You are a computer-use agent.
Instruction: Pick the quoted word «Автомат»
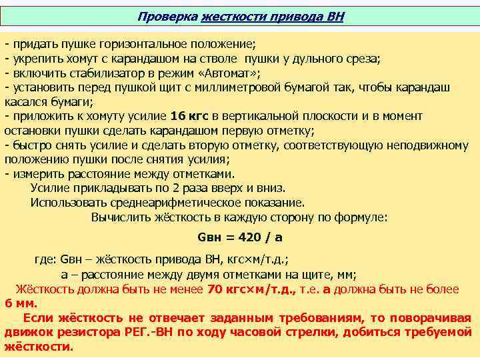tap(229, 73)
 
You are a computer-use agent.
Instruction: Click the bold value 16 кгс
tap(193, 117)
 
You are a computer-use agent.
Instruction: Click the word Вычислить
tap(120, 217)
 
